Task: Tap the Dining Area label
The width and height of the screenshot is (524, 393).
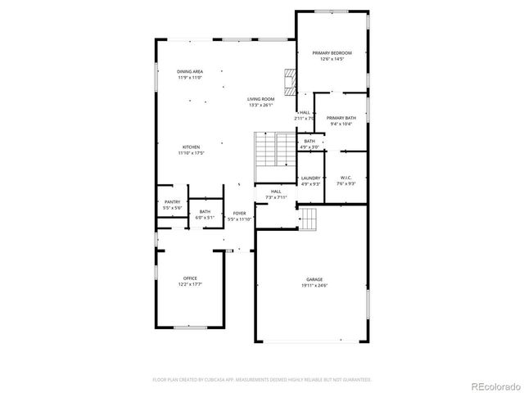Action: coord(190,72)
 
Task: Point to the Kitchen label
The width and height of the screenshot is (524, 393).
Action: coord(191,147)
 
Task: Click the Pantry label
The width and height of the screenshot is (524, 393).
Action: coord(172,202)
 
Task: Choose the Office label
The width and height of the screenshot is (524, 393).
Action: coord(190,278)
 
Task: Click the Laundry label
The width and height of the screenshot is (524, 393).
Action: coord(310,178)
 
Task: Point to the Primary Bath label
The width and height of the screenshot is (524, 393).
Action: coord(341,119)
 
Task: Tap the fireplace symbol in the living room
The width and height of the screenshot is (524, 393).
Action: coord(288,79)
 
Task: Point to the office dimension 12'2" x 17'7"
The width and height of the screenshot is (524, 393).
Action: coord(190,284)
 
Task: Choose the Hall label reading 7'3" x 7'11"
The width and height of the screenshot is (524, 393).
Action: coord(277,195)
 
